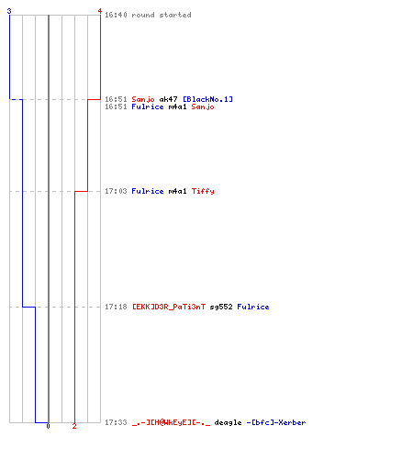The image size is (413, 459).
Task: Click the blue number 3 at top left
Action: [9, 11]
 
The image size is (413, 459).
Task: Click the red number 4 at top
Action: [99, 11]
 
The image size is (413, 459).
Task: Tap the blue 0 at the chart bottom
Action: [48, 426]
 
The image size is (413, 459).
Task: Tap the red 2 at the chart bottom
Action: [74, 426]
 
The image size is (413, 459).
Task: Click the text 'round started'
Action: [162, 15]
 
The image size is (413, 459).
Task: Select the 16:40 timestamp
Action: [116, 15]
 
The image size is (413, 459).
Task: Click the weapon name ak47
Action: [168, 99]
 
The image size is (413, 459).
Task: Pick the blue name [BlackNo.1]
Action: [207, 99]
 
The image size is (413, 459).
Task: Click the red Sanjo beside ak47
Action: [143, 99]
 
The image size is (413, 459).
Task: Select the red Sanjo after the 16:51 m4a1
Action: [203, 106]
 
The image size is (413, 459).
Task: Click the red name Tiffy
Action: [203, 191]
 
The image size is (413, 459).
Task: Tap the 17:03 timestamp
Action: [116, 191]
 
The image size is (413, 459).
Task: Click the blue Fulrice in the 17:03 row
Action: [148, 191]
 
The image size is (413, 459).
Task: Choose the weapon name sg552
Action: [221, 307]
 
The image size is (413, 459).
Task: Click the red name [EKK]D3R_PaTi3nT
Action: [169, 307]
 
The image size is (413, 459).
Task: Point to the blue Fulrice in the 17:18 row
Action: [253, 307]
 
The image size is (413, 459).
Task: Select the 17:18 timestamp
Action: [116, 307]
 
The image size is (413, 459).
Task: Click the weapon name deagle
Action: [228, 422]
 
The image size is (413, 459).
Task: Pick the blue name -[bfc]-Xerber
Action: [276, 422]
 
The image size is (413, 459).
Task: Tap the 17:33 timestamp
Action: [116, 422]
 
